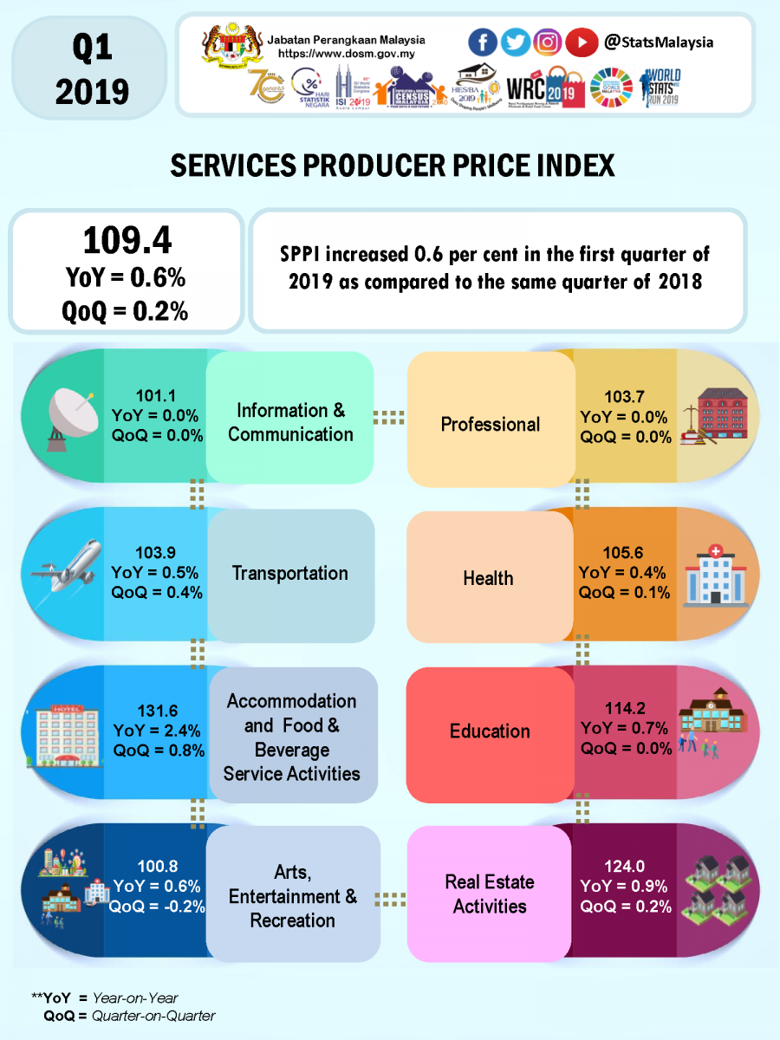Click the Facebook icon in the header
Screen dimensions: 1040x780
click(x=483, y=42)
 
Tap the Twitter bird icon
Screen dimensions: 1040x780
click(x=515, y=42)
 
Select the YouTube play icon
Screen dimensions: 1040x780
click(x=581, y=42)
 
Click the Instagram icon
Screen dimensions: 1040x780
click(x=547, y=42)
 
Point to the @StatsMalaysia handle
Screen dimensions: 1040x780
click(x=659, y=42)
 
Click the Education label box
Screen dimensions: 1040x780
click(x=490, y=731)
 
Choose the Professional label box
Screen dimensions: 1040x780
click(x=490, y=424)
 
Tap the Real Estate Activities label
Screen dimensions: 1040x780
click(x=490, y=894)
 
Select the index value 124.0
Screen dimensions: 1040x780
click(x=624, y=866)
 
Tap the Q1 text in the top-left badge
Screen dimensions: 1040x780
click(x=92, y=49)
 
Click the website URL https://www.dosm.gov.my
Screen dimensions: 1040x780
click(x=347, y=54)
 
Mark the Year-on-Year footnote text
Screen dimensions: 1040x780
click(x=135, y=998)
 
